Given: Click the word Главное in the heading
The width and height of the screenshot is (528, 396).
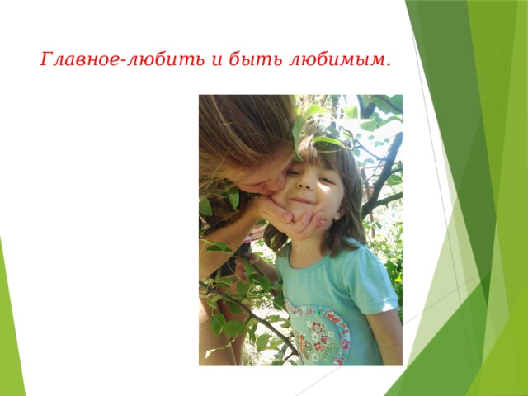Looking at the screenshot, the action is tap(80, 59).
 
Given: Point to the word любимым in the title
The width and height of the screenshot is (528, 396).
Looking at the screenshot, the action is tap(336, 59).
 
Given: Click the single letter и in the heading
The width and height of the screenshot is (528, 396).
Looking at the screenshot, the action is tap(217, 61).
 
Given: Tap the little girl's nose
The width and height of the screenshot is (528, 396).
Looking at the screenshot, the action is tap(305, 183).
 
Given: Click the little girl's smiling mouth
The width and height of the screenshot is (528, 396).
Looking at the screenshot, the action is tap(302, 201).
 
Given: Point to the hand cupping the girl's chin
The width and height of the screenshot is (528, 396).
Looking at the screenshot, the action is tap(292, 219).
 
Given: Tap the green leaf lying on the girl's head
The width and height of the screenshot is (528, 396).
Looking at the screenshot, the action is tap(327, 141).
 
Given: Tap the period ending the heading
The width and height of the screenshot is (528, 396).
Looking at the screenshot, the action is tap(388, 64).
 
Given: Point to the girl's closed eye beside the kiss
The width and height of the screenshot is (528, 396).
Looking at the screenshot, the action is tap(294, 173).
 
